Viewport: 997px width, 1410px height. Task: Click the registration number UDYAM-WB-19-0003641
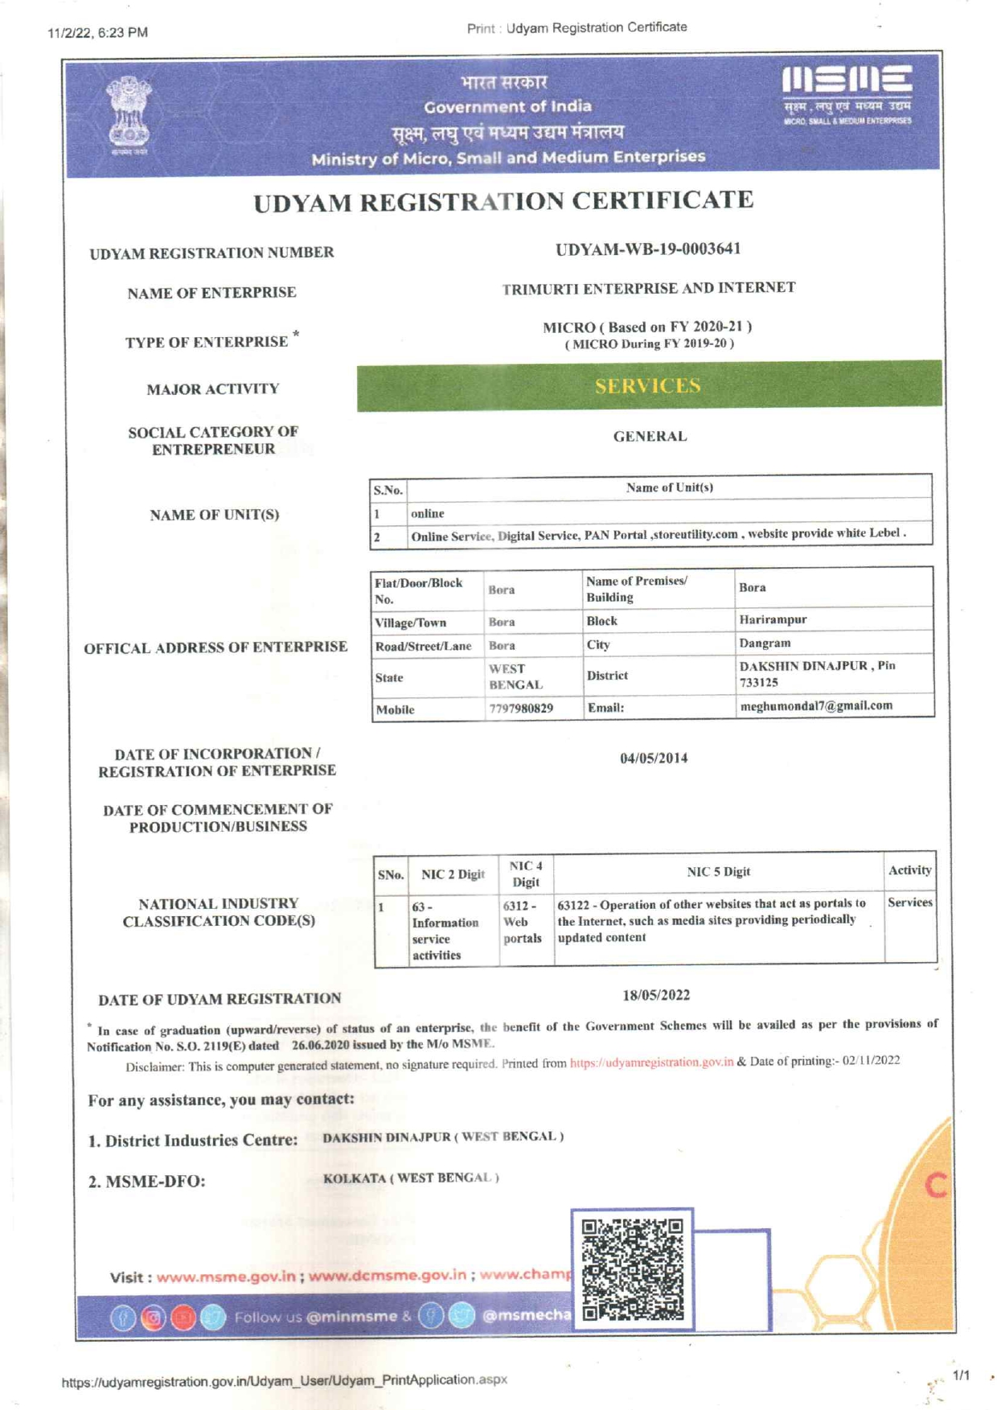[x=647, y=249]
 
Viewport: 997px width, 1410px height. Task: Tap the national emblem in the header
[x=129, y=113]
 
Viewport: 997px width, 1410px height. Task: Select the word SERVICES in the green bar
[x=648, y=386]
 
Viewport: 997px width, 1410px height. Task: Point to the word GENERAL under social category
[x=650, y=437]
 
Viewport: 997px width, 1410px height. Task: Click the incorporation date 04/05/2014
[x=654, y=758]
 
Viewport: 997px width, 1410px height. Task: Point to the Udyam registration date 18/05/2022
[x=656, y=995]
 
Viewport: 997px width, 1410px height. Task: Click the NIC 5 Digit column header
[x=718, y=872]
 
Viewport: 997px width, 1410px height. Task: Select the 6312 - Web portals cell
[x=523, y=922]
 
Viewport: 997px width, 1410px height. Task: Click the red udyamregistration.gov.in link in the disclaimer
[x=651, y=1063]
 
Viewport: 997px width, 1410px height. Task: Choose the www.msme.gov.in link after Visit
[x=226, y=1277]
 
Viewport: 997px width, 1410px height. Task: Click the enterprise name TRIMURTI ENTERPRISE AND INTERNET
[x=649, y=288]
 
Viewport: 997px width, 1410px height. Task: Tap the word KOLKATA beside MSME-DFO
[x=355, y=1178]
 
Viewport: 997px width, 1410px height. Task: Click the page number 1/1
[x=961, y=1376]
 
